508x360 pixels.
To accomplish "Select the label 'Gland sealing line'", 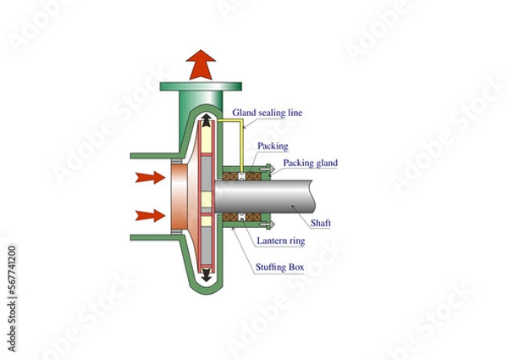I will coord(267,112).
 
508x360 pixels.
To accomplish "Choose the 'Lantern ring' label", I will coord(282,242).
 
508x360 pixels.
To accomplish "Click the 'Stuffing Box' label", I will coord(280,268).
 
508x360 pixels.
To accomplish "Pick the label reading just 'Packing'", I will coord(273,146).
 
